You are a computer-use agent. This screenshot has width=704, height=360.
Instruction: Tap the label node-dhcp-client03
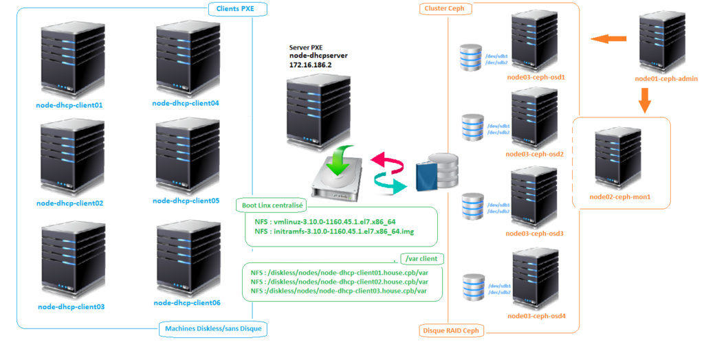coord(71,306)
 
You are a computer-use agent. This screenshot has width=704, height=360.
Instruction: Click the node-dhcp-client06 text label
coord(186,302)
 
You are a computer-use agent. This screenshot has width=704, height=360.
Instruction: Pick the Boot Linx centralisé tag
coord(272,205)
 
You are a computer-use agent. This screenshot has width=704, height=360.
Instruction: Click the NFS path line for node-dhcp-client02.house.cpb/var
coord(340,282)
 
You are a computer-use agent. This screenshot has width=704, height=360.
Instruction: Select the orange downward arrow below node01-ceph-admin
coord(644,102)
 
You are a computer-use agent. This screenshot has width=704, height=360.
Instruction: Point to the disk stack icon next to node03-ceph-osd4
coord(475,287)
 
